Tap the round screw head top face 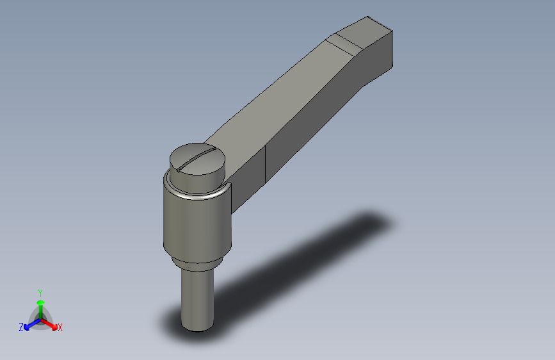point(197,159)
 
